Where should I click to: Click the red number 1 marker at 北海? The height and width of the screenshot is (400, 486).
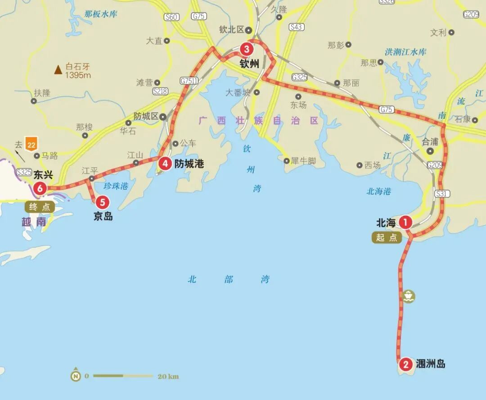coord(406,222)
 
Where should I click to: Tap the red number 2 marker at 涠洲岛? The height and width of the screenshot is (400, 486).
coord(405,364)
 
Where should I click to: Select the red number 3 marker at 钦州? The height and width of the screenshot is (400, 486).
coord(246,49)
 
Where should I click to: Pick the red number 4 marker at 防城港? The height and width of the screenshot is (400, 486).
coord(165,164)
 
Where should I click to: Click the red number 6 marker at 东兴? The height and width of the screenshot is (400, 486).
coord(40,188)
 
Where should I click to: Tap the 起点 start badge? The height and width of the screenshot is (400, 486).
coord(387,237)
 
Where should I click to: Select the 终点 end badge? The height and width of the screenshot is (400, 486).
coord(40,207)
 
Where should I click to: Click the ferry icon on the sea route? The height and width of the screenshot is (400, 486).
coord(409,296)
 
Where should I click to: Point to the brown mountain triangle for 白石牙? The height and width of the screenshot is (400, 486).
coord(58,70)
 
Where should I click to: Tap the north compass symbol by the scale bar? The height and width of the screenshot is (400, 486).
coord(75,375)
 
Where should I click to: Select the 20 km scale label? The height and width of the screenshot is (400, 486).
coord(167,376)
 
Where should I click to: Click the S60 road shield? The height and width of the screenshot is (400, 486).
coord(172,17)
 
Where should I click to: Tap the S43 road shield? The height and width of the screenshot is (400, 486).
coord(296,27)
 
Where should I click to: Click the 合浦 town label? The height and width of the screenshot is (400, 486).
coord(430,141)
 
